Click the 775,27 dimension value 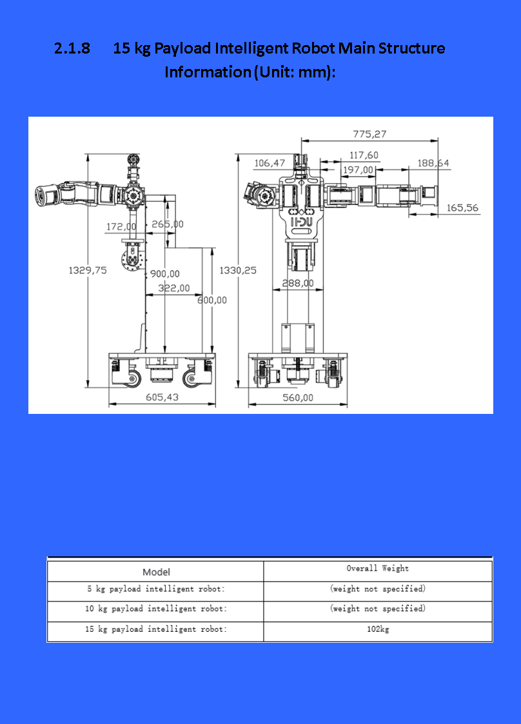pyautogui.click(x=369, y=134)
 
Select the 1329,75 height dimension pyautogui.click(x=88, y=270)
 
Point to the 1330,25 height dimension pyautogui.click(x=238, y=270)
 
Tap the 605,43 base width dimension pyautogui.click(x=162, y=397)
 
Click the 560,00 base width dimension pyautogui.click(x=298, y=398)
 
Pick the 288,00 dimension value pyautogui.click(x=298, y=283)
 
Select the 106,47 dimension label pyautogui.click(x=270, y=163)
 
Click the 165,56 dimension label pyautogui.click(x=462, y=208)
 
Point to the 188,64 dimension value pyautogui.click(x=433, y=163)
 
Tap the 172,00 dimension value pyautogui.click(x=121, y=226)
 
